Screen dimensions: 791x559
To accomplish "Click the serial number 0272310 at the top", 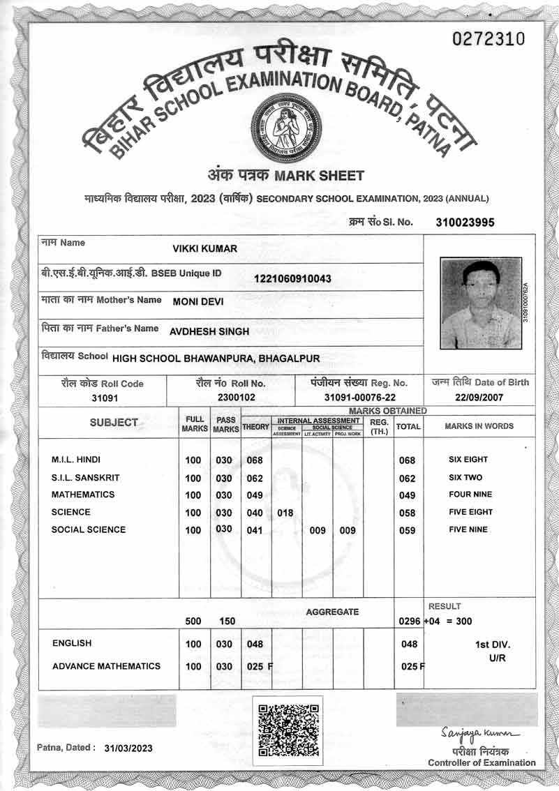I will [x=488, y=39].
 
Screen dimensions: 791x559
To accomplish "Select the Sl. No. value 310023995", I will [x=465, y=223].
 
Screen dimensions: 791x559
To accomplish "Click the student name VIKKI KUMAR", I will [x=205, y=249].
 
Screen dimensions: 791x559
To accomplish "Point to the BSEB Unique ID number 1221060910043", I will [x=292, y=279].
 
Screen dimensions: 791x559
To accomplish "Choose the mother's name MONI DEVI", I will [x=200, y=301].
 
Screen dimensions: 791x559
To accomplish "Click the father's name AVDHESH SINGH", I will [x=209, y=332].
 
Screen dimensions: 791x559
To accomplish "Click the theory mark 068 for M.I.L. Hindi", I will [x=255, y=460].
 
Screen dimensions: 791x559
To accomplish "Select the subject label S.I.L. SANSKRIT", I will [x=85, y=478].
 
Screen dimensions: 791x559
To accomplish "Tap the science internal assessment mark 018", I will [x=285, y=513].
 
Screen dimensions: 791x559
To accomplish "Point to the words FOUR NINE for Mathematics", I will [x=470, y=495].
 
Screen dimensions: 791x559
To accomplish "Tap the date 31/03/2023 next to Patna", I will [x=128, y=748].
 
